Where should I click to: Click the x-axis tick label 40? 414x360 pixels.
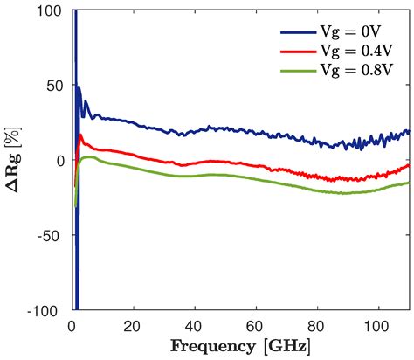click(194, 326)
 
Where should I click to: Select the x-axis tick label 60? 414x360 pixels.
click(256, 326)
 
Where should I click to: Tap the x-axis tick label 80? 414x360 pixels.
click(317, 326)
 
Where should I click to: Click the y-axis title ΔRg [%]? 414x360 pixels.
click(16, 161)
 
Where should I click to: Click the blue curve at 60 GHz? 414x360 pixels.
click(256, 132)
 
